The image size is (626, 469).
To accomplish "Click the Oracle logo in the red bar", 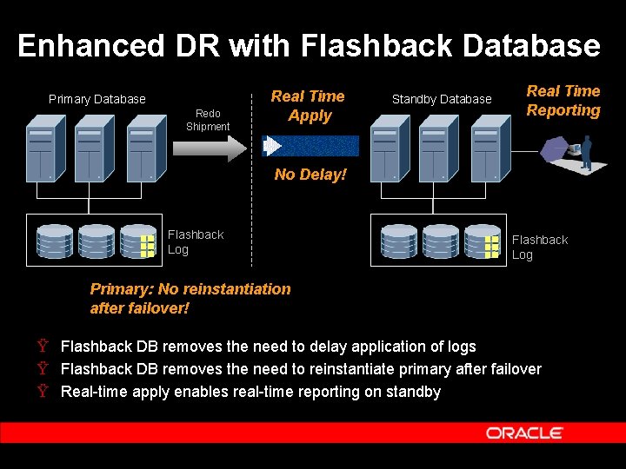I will point(524,433).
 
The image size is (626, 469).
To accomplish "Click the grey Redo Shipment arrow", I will point(210,148).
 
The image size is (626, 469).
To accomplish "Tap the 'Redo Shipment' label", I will point(208,120).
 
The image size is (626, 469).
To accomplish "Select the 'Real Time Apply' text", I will point(308,106).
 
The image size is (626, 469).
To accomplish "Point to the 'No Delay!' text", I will point(310,175).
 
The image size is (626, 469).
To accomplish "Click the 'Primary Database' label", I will point(97,99).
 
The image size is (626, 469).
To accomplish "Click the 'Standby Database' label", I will point(442,99).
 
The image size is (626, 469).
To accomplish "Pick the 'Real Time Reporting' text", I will point(563,101).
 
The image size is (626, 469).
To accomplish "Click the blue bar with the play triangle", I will point(311,145).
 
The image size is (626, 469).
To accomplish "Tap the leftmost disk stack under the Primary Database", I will point(55,241).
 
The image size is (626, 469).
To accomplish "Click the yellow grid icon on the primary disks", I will point(147,246).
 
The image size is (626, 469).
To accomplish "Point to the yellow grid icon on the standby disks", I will point(492,246).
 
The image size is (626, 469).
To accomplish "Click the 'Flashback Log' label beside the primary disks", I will point(195,242).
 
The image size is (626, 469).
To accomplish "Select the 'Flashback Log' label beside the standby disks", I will point(539,248).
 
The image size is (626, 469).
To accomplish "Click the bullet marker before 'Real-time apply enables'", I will point(43,392).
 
